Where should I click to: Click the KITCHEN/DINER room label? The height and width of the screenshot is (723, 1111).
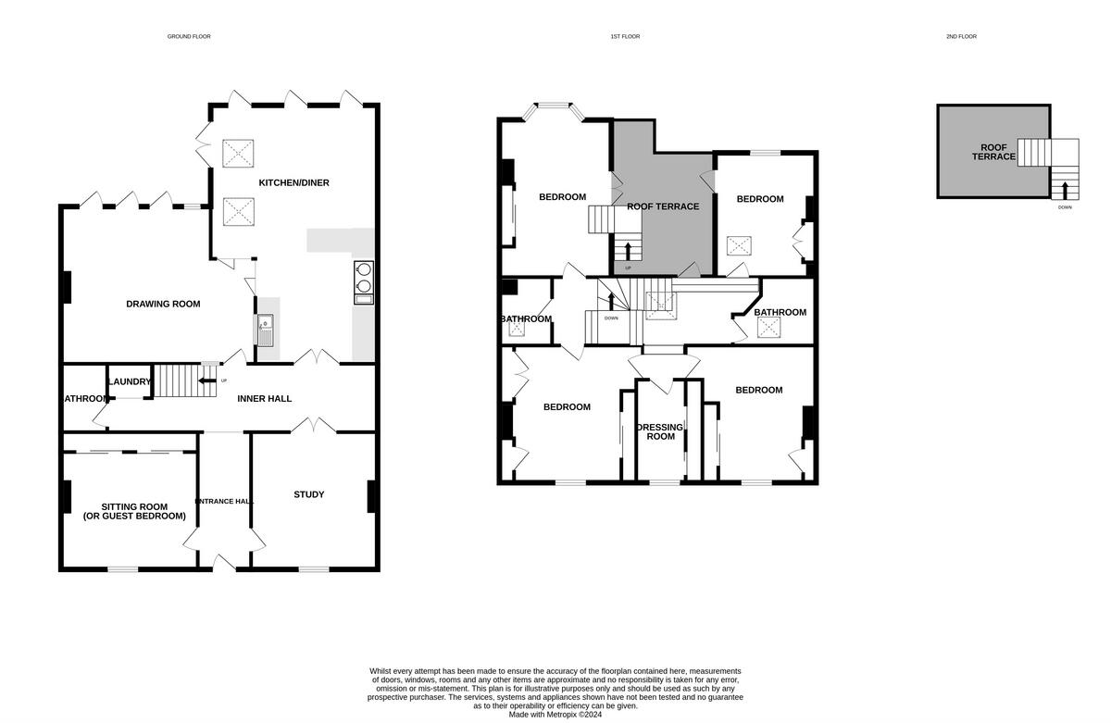pos(293,182)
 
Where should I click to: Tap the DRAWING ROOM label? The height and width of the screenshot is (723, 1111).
pos(163,304)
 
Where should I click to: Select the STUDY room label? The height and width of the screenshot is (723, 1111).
pos(308,494)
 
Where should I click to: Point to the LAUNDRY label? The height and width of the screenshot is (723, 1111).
pos(129,381)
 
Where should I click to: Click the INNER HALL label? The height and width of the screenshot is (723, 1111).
pos(265,399)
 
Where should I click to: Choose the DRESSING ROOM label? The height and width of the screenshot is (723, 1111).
pos(660,431)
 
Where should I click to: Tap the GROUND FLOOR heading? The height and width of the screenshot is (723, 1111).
pos(189,36)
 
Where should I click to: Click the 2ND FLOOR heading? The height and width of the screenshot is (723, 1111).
pos(961,36)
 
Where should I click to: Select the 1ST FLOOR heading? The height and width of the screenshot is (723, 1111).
pos(625,36)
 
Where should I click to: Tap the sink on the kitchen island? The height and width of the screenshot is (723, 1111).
pos(265,329)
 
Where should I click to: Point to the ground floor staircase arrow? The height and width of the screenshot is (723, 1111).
pos(207,380)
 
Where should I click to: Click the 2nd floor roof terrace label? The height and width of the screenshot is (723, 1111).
pos(993,152)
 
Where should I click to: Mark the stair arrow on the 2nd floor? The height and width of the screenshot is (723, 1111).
pos(1065,191)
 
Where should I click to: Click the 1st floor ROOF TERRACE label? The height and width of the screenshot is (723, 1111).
pos(663,206)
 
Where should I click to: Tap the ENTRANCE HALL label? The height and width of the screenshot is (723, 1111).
pos(224,501)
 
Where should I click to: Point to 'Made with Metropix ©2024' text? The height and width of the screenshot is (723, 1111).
pos(555,715)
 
